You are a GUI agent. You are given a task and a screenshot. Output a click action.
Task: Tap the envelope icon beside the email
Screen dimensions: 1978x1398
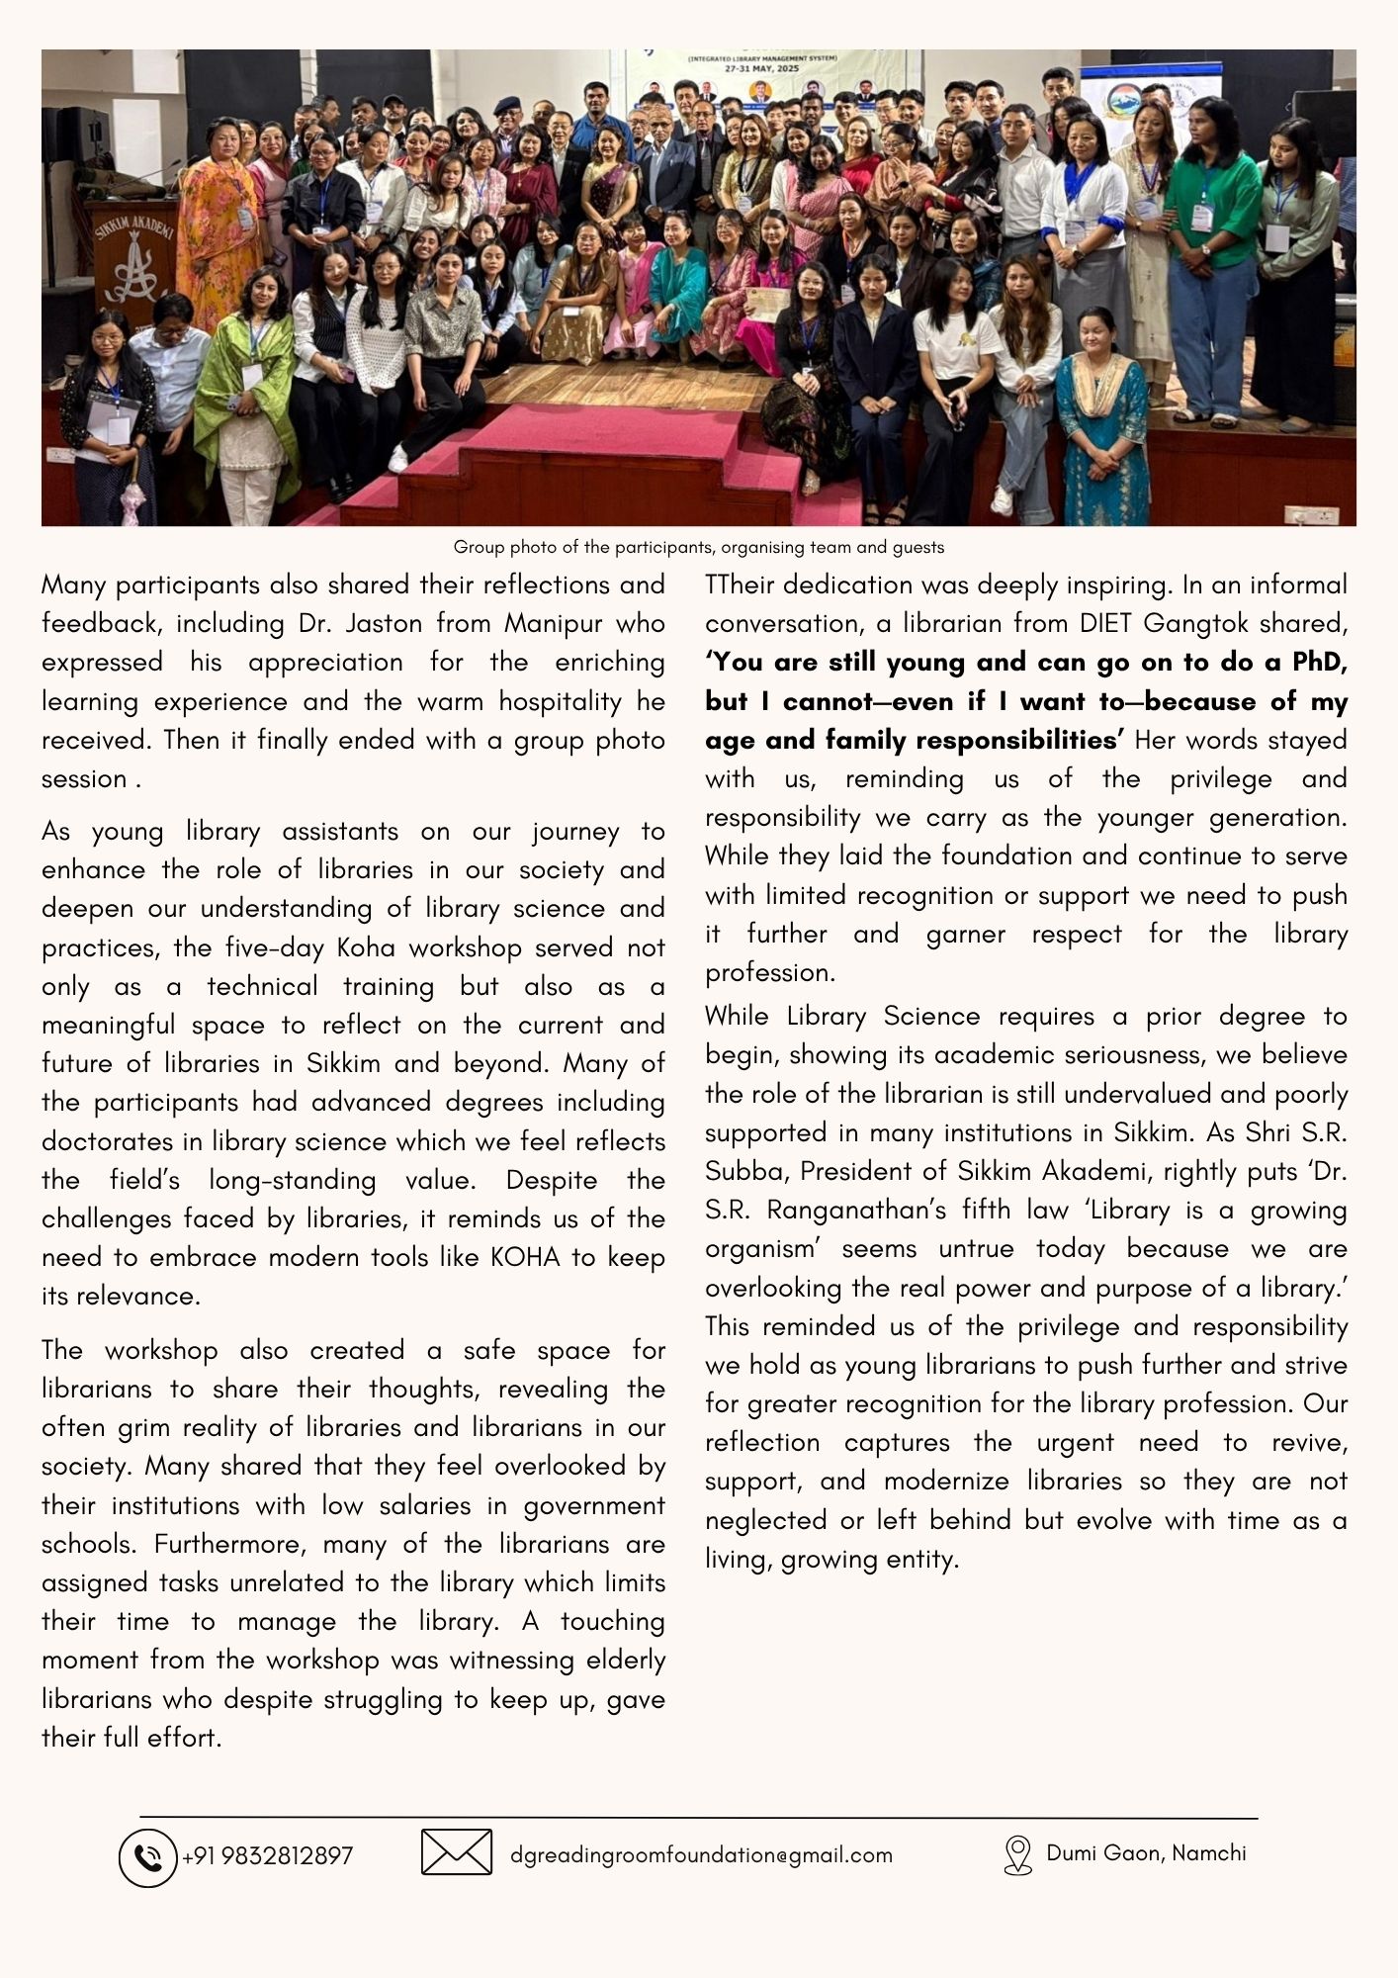[x=456, y=1852]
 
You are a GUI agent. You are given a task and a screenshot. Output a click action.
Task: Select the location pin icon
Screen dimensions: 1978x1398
[x=1016, y=1854]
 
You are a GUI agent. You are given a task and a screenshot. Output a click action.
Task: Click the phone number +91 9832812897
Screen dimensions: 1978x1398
[x=267, y=1856]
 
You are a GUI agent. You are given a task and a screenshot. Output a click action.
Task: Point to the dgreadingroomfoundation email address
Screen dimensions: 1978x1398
[x=701, y=1855]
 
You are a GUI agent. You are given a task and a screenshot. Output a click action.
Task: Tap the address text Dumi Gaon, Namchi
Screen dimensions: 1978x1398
[x=1146, y=1852]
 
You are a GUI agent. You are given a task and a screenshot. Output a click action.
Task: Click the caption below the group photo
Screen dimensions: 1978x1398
[x=698, y=547]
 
